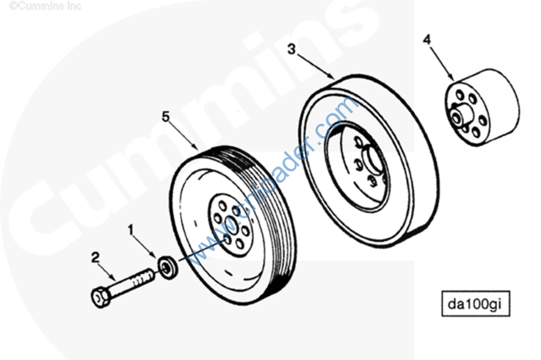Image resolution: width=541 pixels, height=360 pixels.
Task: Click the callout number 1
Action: [130, 230]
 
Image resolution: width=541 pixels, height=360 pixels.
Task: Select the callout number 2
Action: [95, 258]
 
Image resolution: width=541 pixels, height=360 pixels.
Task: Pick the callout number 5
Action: [166, 117]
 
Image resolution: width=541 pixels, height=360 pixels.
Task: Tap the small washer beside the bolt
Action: [167, 265]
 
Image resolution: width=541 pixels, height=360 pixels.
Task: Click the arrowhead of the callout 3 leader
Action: [334, 78]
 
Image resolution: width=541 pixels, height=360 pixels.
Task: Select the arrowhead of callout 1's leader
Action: [156, 257]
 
